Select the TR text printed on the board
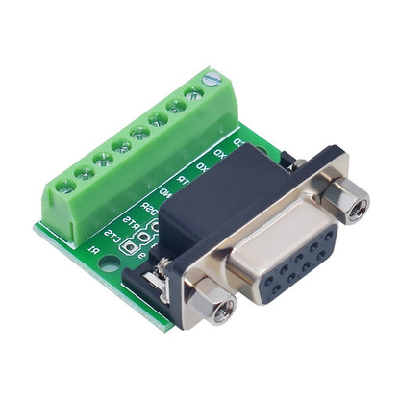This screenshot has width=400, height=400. pos(181,181)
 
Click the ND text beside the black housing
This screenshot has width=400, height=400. pos(166,193)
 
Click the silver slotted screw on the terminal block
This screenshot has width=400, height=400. pos(212,79)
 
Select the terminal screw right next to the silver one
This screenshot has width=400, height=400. pos(194,94)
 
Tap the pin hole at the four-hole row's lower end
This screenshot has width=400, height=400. pos(276,286)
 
